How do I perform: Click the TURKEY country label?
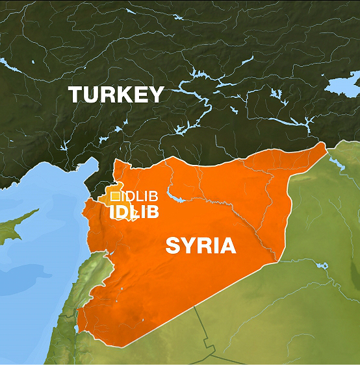[x=116, y=95]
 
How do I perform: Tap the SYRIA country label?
[x=201, y=245]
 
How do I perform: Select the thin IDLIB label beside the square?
[x=140, y=196]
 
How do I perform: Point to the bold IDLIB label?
[x=135, y=212]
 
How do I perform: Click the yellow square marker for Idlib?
[x=115, y=195]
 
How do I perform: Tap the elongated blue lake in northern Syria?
[x=175, y=195]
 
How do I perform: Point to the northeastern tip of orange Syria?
[x=323, y=144]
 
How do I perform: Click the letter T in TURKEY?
[x=76, y=95]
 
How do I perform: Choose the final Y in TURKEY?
[x=156, y=95]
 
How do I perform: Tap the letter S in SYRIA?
[x=172, y=245]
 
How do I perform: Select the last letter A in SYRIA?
[x=228, y=245]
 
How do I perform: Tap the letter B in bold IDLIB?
[x=153, y=212]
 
